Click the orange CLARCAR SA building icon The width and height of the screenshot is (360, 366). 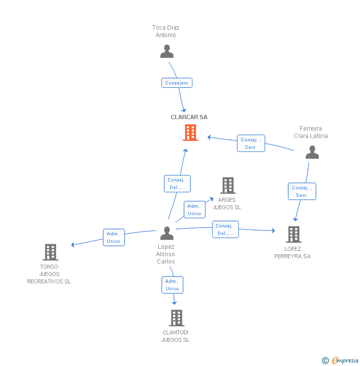click(x=190, y=133)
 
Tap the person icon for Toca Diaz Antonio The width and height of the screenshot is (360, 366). click(x=167, y=51)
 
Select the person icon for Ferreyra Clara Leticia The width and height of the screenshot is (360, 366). click(x=312, y=152)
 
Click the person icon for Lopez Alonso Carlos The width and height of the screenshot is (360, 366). click(x=167, y=233)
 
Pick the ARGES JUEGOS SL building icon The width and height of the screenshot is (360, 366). click(x=227, y=185)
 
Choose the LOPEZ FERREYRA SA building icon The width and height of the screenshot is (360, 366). click(x=293, y=234)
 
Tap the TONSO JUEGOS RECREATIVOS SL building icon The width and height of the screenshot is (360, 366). click(x=50, y=252)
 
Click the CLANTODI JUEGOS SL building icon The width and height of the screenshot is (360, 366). click(x=176, y=318)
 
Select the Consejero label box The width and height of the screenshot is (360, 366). click(x=177, y=83)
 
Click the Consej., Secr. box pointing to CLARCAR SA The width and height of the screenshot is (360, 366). click(x=251, y=143)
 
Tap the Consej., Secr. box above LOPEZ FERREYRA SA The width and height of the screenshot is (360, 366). click(x=302, y=191)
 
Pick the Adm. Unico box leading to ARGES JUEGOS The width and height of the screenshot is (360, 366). click(x=194, y=210)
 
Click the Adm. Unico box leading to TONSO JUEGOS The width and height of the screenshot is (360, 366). click(x=114, y=237)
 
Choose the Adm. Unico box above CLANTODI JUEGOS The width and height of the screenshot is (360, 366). click(x=172, y=285)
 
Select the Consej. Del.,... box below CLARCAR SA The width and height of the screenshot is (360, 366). click(x=177, y=183)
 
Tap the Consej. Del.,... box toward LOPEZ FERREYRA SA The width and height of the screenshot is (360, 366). click(x=225, y=229)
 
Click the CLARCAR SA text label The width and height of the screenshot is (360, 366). click(x=189, y=117)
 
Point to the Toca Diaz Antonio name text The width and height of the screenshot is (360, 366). click(x=166, y=31)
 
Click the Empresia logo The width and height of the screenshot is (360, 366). click(x=345, y=361)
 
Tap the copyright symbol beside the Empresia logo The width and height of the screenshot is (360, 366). click(x=325, y=361)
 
